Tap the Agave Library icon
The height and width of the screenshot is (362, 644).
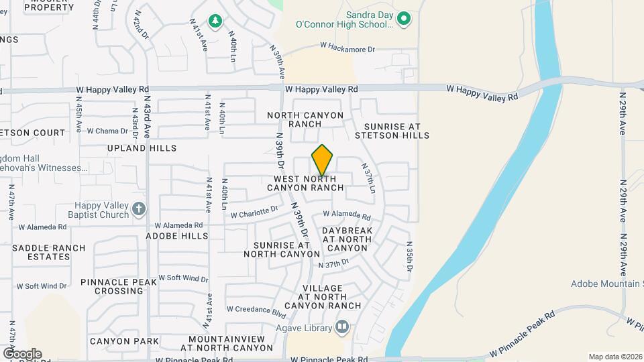(342, 328)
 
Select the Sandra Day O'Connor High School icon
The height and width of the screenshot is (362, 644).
(402, 19)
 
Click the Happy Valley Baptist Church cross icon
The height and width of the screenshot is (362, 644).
(139, 210)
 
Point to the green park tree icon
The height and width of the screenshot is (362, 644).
(215, 21)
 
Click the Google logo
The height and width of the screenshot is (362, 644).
(21, 353)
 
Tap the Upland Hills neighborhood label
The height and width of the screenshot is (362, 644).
(142, 148)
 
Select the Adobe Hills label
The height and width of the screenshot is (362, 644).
(177, 236)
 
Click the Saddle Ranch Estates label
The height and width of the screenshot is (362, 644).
(49, 252)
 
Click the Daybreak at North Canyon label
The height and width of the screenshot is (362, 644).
(347, 239)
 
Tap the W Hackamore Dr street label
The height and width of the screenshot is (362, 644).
(347, 48)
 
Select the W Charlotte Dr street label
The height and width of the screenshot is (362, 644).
(254, 213)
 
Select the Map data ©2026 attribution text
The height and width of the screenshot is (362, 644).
(615, 357)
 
